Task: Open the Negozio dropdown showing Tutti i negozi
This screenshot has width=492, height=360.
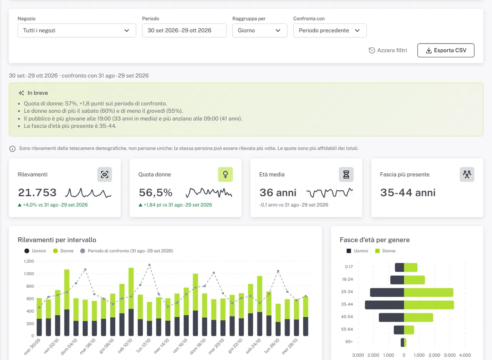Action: coord(76,30)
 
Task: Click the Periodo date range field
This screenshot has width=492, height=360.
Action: coord(184,30)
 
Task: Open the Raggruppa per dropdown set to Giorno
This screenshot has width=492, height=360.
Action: coord(259,30)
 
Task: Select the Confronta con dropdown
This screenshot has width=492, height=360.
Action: coord(330,30)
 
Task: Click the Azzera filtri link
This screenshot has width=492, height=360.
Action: coord(388,50)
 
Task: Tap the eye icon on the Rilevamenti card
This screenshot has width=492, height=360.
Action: coord(105,175)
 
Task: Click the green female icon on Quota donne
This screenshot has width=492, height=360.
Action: coord(225,175)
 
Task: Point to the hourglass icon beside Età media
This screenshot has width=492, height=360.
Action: coord(346,175)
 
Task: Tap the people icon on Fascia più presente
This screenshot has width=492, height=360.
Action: coord(467,175)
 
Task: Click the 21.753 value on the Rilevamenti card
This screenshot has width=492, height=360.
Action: coord(37,193)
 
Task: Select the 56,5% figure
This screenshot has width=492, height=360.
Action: coord(156,193)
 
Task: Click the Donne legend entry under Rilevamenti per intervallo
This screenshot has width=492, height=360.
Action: coord(63,251)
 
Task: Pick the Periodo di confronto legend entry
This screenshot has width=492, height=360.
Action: coord(127,251)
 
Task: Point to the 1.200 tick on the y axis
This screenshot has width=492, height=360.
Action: coord(29,261)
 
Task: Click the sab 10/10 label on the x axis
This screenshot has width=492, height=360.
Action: coord(125,346)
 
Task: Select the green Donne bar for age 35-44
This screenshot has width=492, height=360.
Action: coord(429,305)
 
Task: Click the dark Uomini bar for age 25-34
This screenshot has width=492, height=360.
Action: coord(387,292)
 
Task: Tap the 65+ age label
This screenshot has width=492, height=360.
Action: coord(349,342)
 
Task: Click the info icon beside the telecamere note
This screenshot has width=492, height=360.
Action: coord(13,149)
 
